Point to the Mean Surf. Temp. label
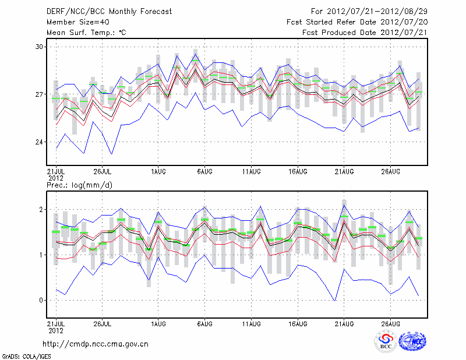(86, 33)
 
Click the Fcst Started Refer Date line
(357, 22)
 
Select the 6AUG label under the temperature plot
(204, 171)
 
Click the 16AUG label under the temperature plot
(298, 171)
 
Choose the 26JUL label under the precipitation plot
(102, 323)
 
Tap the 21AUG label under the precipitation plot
(344, 323)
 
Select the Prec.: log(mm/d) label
(79, 185)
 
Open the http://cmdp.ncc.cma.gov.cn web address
(96, 344)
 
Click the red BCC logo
(386, 341)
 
